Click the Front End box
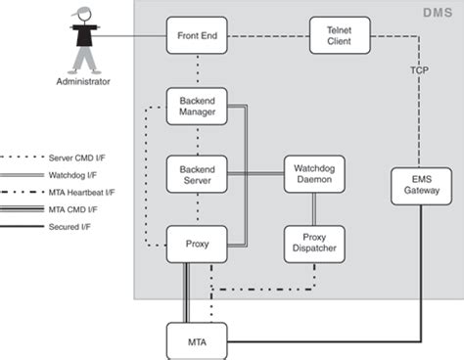[x=197, y=36]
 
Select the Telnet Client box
[x=338, y=36]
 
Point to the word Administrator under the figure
[x=84, y=83]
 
